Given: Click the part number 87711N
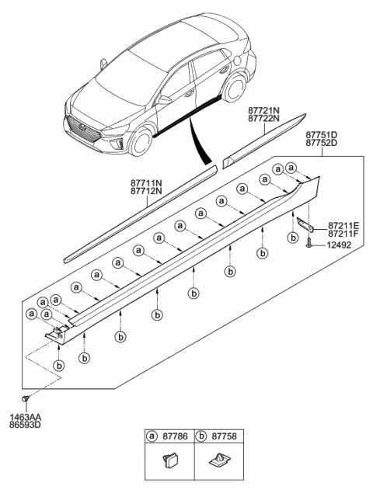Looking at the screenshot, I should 145,183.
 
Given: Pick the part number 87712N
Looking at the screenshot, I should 145,192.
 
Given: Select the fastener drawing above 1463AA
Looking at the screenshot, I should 26,400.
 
